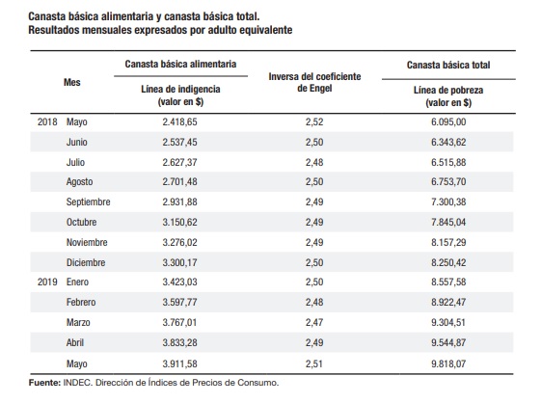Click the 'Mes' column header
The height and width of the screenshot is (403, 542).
[x=72, y=82]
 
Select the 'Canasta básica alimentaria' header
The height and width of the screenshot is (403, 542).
[x=180, y=64]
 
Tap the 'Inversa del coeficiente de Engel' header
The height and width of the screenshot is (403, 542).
[x=314, y=82]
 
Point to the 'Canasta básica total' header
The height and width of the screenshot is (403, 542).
[x=448, y=65]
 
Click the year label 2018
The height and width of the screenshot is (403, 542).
[x=47, y=122]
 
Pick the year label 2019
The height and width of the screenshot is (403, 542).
[x=47, y=282]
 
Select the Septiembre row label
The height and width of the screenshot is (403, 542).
[x=88, y=202]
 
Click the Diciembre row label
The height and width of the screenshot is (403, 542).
[x=86, y=262]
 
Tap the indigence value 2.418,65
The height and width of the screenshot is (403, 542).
[x=179, y=122]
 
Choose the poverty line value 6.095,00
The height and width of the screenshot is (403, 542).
[x=448, y=122]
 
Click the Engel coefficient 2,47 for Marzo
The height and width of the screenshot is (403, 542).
[x=314, y=322]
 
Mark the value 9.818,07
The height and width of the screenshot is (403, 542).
[x=448, y=363]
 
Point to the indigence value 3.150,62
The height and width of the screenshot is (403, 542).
[x=179, y=223]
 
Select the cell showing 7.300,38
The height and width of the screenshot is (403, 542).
[x=448, y=201]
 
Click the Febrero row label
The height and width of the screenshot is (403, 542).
[x=81, y=303]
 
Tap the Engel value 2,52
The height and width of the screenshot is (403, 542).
[x=314, y=122]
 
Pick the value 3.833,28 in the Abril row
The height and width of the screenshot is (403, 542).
[x=179, y=343]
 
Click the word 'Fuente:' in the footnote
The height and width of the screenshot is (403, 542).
[x=44, y=383]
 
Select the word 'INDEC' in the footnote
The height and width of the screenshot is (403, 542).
[x=77, y=383]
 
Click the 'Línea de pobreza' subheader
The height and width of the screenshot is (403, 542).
[x=448, y=91]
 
